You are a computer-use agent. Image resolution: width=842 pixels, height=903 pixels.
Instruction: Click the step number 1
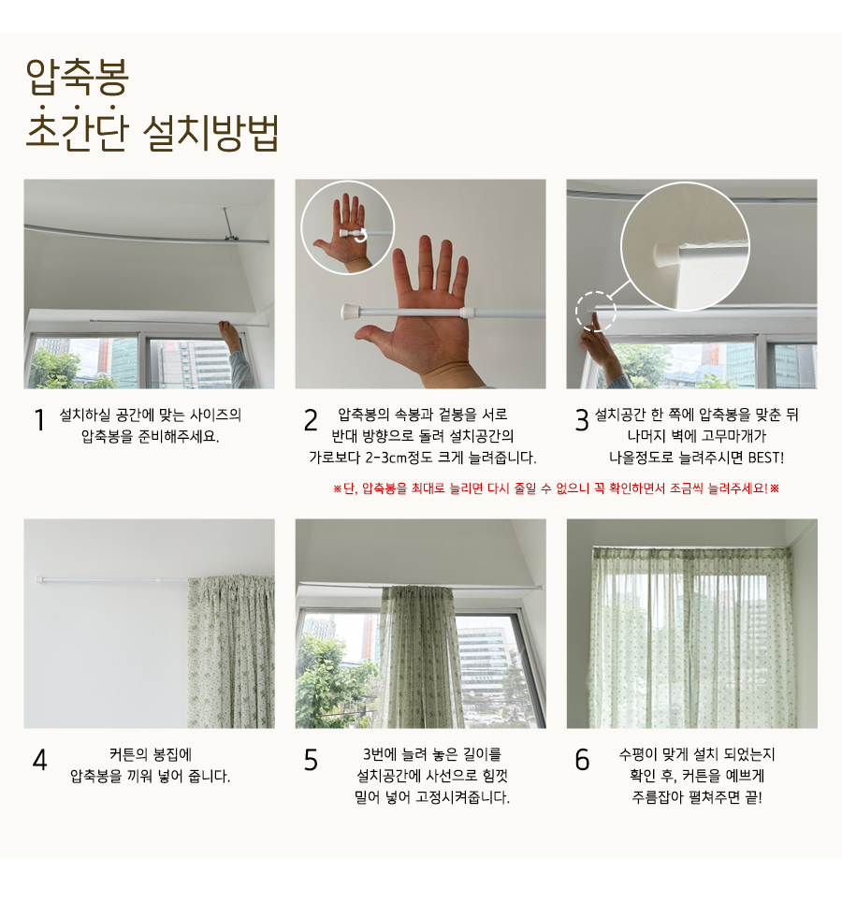(39, 419)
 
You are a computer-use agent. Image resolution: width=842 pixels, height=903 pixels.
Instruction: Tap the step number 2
(311, 419)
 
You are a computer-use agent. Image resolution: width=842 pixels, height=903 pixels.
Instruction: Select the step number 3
(582, 419)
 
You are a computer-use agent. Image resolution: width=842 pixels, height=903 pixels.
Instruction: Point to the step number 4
(39, 760)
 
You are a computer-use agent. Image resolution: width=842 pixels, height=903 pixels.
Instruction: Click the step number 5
(311, 760)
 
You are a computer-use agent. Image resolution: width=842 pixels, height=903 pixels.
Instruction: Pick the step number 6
(582, 760)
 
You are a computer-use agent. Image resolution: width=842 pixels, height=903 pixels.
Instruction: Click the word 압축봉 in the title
(77, 76)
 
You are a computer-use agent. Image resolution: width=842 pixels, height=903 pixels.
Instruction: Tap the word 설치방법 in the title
(210, 133)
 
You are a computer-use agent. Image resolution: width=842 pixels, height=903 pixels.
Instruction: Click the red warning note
(556, 488)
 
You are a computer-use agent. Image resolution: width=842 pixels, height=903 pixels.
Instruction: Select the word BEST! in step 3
(766, 458)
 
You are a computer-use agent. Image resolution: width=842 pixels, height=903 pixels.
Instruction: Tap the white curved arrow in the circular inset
(360, 236)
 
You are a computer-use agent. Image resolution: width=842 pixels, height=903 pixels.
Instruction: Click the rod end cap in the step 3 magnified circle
(665, 253)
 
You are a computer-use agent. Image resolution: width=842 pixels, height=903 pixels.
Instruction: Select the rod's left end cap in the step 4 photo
(40, 580)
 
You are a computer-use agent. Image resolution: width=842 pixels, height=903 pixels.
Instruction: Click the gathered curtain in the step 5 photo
(418, 657)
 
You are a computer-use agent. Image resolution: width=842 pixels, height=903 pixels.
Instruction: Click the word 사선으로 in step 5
(451, 776)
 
